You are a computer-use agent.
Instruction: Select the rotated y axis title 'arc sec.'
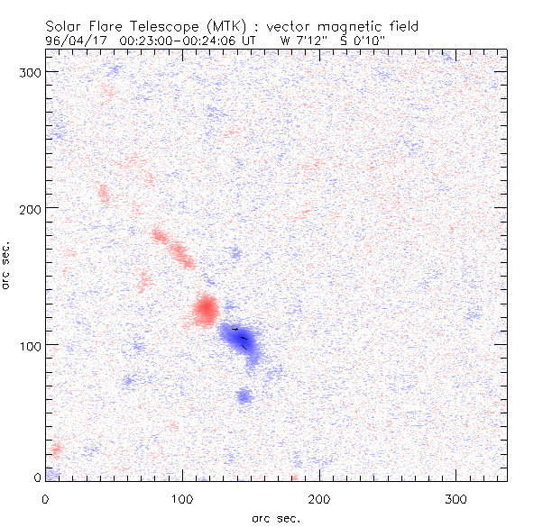coord(7,265)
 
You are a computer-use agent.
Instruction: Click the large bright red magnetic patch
coord(206,310)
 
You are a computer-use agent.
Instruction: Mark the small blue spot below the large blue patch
coord(244,395)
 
